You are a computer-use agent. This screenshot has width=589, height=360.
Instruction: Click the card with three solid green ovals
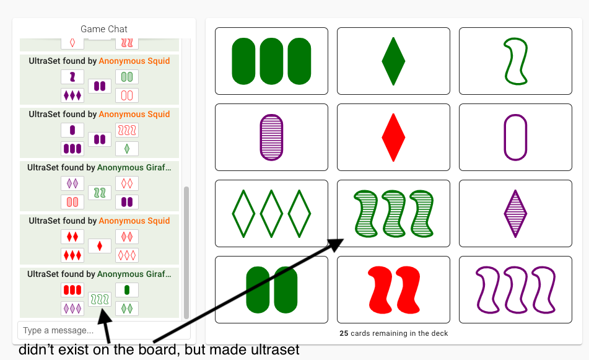[271, 61]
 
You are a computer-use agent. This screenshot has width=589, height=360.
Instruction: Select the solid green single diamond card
[393, 61]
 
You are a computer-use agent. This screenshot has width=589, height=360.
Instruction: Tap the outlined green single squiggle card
[515, 61]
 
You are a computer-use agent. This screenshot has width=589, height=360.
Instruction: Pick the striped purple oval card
[271, 137]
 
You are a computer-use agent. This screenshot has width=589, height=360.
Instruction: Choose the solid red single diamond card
[393, 137]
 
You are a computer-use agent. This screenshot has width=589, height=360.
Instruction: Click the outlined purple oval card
[515, 137]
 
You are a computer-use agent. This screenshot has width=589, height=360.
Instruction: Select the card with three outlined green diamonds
[271, 213]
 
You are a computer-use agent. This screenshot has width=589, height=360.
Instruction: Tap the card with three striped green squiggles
[393, 213]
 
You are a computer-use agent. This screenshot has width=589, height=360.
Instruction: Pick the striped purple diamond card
[515, 213]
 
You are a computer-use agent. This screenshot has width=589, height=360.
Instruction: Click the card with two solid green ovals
[271, 289]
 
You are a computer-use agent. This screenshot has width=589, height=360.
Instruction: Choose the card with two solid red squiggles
[393, 289]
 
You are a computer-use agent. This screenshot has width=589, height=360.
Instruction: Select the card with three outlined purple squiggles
[515, 289]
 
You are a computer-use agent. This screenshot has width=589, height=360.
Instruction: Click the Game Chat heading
[104, 29]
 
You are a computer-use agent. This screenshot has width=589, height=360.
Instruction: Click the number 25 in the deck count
[344, 333]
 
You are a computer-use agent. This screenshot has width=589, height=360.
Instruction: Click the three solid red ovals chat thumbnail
[72, 290]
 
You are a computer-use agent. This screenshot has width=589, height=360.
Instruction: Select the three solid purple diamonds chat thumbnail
[72, 95]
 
